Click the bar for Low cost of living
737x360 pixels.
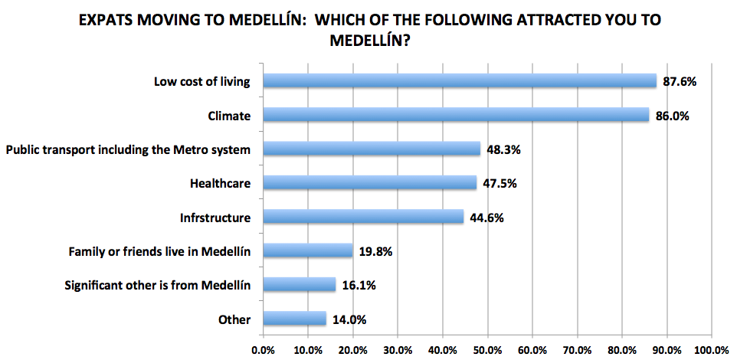coord(460,80)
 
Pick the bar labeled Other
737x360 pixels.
coord(294,318)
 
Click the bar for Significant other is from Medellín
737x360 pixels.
coord(299,284)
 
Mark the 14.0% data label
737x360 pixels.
coord(349,319)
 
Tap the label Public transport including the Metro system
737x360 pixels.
coord(128,149)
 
